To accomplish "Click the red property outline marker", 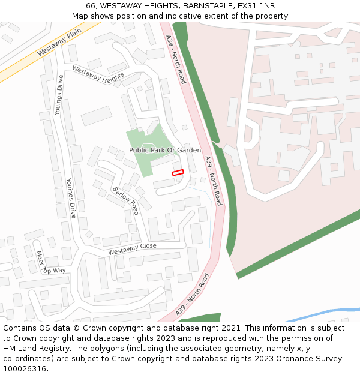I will click(x=178, y=173).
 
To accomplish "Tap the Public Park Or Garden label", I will click(x=165, y=150).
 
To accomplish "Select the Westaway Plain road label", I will click(x=59, y=43).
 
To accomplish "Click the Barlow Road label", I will click(x=125, y=200).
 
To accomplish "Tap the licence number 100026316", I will click(x=24, y=369).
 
